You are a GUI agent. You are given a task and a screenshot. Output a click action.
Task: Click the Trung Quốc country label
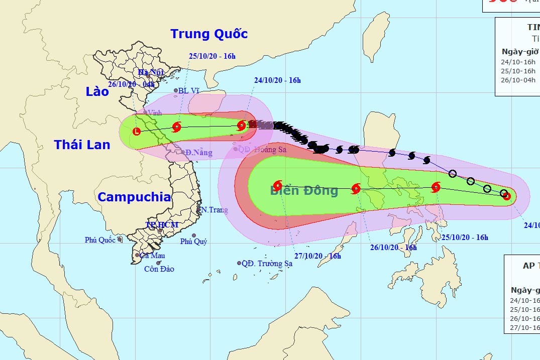coord(209,34)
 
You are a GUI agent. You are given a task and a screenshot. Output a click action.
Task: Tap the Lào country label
coord(97,91)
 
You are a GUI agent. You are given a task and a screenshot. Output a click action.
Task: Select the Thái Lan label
coord(82,145)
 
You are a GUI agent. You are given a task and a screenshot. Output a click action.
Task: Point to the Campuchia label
coord(134,197)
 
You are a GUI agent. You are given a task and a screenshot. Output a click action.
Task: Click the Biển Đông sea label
coord(304,190)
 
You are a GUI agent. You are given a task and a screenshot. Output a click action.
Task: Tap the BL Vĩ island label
coord(190,91)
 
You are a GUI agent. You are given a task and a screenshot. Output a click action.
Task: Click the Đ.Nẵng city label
coord(198,152)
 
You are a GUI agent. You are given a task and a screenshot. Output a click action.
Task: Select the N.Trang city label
coord(214,210)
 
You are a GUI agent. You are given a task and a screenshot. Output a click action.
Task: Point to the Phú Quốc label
coord(100,240)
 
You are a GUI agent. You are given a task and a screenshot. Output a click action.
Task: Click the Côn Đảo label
coord(159,269)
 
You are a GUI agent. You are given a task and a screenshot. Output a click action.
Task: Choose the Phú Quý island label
coord(193,242)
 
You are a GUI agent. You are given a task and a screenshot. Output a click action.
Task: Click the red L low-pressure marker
coord(136,132)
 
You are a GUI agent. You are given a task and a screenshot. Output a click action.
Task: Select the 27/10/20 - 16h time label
coord(317,256)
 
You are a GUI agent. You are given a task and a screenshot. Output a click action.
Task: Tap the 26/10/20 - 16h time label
coord(394,248)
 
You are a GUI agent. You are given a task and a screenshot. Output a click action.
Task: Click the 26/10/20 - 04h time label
coord(132,84)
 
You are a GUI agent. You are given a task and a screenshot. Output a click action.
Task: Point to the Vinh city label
coord(154,113)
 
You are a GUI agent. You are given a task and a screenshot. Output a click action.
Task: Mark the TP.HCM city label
coord(162,224)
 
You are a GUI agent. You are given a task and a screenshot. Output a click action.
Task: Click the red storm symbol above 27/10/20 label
coord(277,185)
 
